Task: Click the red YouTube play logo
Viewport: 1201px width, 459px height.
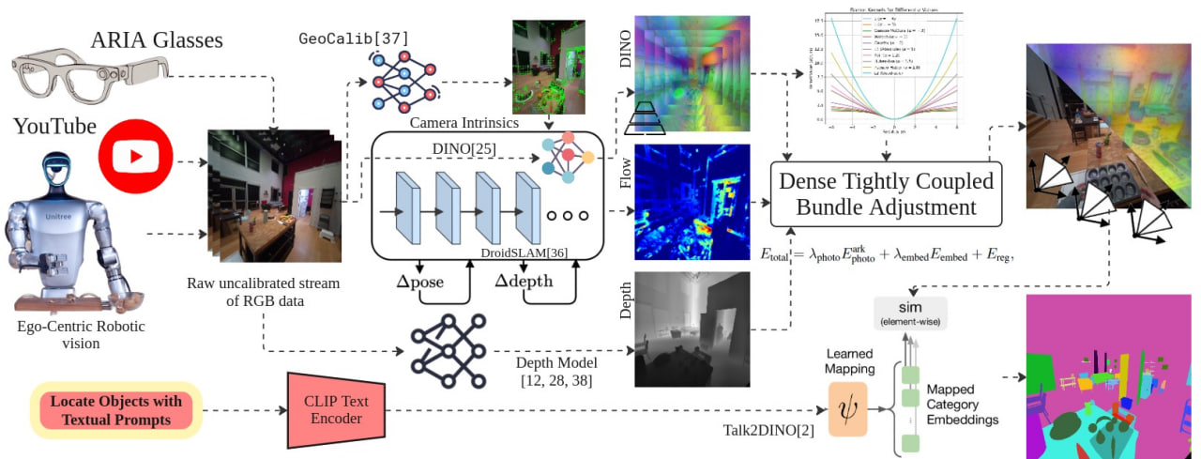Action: point(136,157)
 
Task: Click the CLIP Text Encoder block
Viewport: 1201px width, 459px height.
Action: point(335,409)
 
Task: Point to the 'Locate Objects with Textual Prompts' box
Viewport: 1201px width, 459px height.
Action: point(116,410)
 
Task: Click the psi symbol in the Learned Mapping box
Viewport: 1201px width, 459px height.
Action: point(848,409)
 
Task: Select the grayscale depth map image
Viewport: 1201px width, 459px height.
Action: point(692,329)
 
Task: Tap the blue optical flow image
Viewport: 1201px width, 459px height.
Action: point(692,201)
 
